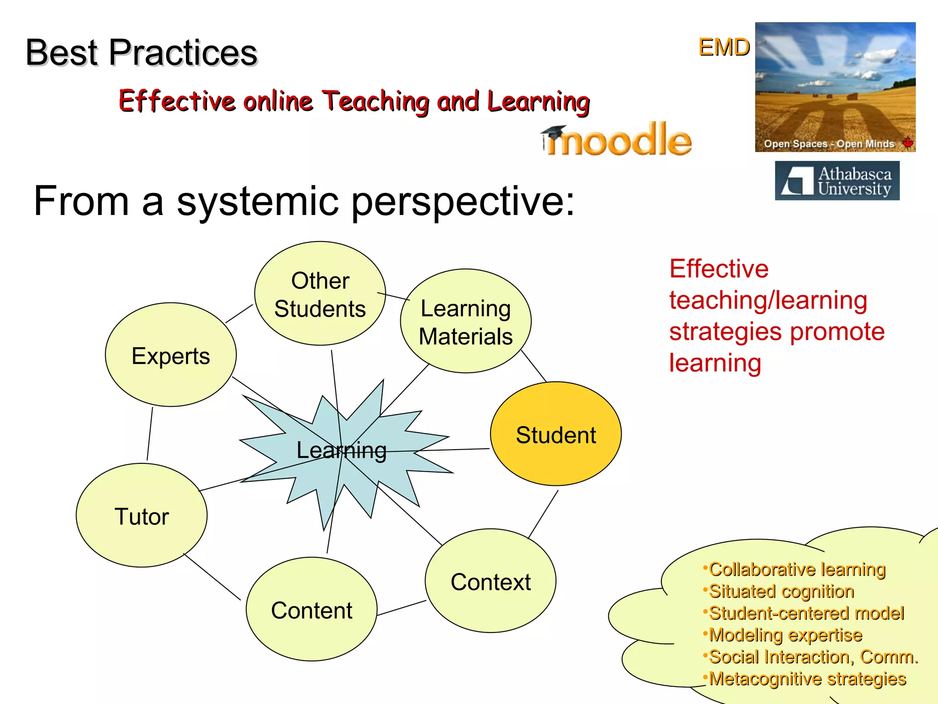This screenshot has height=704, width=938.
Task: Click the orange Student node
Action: point(556,434)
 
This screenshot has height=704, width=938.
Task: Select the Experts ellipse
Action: point(170,355)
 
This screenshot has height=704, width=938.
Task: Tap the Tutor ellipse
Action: point(141,516)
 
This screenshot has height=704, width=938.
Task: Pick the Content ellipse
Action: point(311,610)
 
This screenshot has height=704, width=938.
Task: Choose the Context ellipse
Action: point(491,581)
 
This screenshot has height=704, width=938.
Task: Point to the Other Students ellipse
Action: point(320,294)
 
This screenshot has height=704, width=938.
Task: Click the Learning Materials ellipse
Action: point(465,321)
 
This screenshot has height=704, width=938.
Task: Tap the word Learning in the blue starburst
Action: point(341,450)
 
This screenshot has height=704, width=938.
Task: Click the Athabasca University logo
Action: point(837,181)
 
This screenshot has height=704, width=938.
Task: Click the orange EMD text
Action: point(724,47)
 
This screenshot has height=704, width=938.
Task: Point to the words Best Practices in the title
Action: point(142,52)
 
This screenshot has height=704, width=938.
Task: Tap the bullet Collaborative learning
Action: point(797,569)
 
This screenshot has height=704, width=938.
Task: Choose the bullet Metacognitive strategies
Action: point(807,679)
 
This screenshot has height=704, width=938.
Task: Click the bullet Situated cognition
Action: point(781,591)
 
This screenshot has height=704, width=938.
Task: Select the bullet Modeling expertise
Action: point(785,635)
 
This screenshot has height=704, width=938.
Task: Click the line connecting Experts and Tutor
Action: point(150,434)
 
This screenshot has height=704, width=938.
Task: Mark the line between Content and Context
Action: point(401,608)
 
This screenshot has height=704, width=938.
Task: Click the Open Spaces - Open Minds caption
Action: point(829,144)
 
